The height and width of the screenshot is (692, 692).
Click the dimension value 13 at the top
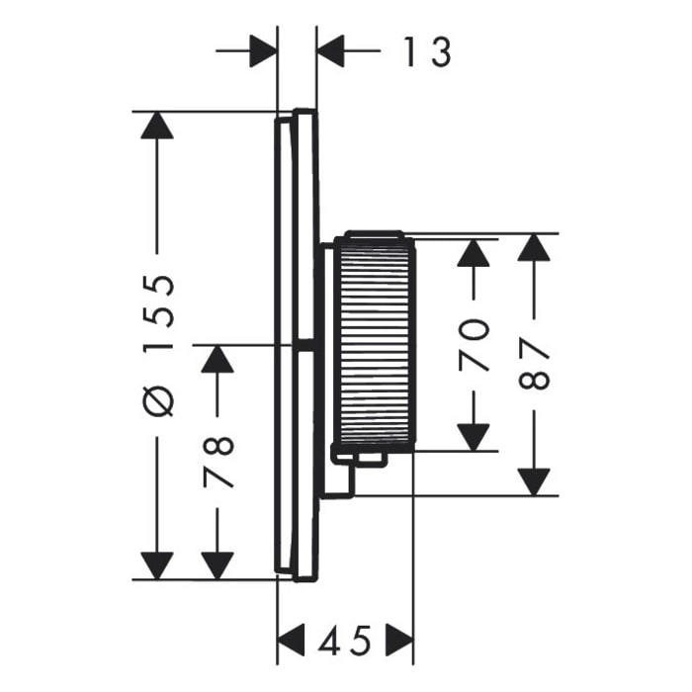[x=427, y=50]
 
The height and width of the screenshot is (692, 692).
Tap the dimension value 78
[x=217, y=461]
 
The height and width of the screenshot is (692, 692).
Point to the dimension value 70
[x=476, y=343]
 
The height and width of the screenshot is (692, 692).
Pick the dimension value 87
[x=534, y=363]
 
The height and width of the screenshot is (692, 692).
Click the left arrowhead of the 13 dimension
[x=262, y=50]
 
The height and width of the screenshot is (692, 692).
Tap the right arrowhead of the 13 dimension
[x=331, y=50]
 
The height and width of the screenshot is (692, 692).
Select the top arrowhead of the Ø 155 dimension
[x=157, y=126]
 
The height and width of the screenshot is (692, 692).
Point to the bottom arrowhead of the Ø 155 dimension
[x=157, y=565]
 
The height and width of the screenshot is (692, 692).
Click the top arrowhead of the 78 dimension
[x=217, y=359]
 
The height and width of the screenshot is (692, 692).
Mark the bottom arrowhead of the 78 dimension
[x=217, y=565]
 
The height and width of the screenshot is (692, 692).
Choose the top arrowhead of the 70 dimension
[x=476, y=251]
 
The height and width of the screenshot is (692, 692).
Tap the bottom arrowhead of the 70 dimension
[x=476, y=436]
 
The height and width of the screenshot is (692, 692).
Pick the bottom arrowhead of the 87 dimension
[x=534, y=481]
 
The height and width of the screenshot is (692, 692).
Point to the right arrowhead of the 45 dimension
[x=398, y=640]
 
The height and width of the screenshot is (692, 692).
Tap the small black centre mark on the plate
[x=306, y=345]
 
